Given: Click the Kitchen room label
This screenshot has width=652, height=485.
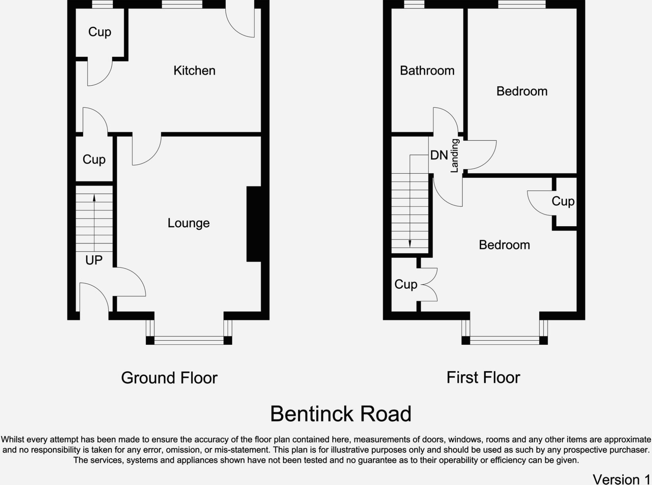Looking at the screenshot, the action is [194, 70].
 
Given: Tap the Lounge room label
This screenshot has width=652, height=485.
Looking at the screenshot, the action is [189, 223].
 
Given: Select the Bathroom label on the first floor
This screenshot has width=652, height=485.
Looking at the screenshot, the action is [427, 70].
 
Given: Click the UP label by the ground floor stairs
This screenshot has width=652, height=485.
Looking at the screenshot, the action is [94, 260].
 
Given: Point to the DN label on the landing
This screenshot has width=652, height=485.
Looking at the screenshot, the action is [439, 155].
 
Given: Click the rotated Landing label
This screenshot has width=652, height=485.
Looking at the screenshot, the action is [454, 156].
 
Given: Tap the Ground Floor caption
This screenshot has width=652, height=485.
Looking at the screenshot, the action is [169, 378].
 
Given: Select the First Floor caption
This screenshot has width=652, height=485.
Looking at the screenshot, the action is [483, 377].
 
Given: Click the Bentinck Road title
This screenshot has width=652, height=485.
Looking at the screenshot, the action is [341, 414].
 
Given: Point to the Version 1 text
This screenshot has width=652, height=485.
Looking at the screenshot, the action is [621, 479].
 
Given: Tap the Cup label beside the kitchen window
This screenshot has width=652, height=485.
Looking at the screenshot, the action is [99, 32].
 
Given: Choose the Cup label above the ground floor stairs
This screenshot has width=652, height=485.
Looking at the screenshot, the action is [94, 160].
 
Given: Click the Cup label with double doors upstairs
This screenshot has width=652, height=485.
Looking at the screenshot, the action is [406, 284].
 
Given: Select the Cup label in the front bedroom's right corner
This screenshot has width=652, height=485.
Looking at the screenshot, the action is [563, 201].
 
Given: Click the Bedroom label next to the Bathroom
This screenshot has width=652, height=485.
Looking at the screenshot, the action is [522, 91].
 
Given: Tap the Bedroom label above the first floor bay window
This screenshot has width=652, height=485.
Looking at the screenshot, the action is [504, 245].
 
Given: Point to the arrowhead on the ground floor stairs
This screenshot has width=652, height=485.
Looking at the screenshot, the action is [94, 198].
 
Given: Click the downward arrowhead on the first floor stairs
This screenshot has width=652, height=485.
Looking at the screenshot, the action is [410, 244].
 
